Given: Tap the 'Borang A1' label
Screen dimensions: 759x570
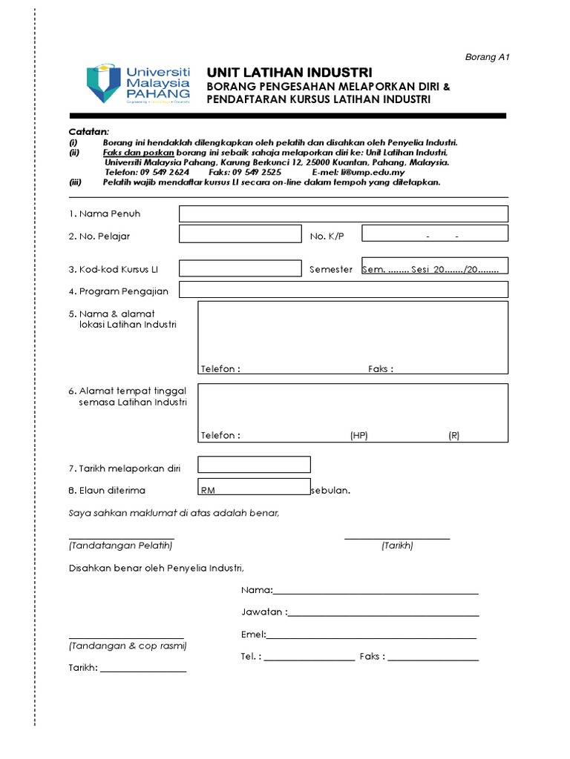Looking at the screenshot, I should (487, 57).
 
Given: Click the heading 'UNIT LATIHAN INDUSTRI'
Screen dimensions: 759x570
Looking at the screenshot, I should (289, 73).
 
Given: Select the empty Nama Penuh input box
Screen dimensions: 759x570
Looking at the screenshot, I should (343, 214).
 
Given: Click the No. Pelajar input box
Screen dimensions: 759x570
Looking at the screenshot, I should (240, 234).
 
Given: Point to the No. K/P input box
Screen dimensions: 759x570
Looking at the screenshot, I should (434, 233).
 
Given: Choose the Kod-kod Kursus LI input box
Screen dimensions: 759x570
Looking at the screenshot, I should (240, 268).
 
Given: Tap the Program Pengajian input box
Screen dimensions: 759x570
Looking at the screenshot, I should (343, 289).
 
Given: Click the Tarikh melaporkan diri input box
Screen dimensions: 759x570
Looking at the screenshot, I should (253, 465).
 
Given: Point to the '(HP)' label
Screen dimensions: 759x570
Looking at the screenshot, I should (359, 436).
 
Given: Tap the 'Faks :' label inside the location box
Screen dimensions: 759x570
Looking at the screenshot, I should (380, 369).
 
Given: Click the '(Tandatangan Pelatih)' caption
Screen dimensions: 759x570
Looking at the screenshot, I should (120, 546).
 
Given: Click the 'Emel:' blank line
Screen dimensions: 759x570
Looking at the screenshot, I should (371, 634).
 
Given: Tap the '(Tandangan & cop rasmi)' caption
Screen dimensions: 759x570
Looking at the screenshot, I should (128, 646).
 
